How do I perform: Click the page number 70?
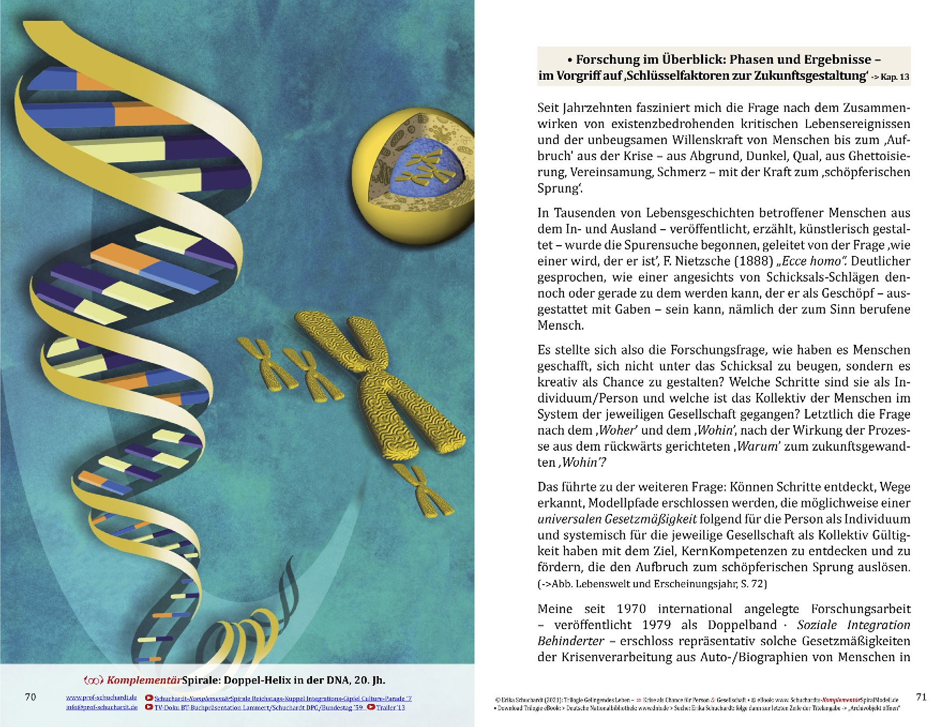click(x=31, y=697)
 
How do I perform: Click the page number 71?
click(x=921, y=697)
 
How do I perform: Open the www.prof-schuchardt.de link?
click(x=101, y=698)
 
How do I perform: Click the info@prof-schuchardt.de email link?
click(x=101, y=707)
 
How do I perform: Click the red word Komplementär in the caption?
click(x=144, y=680)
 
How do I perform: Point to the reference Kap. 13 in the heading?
click(x=894, y=77)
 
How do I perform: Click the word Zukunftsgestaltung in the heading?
click(x=810, y=76)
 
